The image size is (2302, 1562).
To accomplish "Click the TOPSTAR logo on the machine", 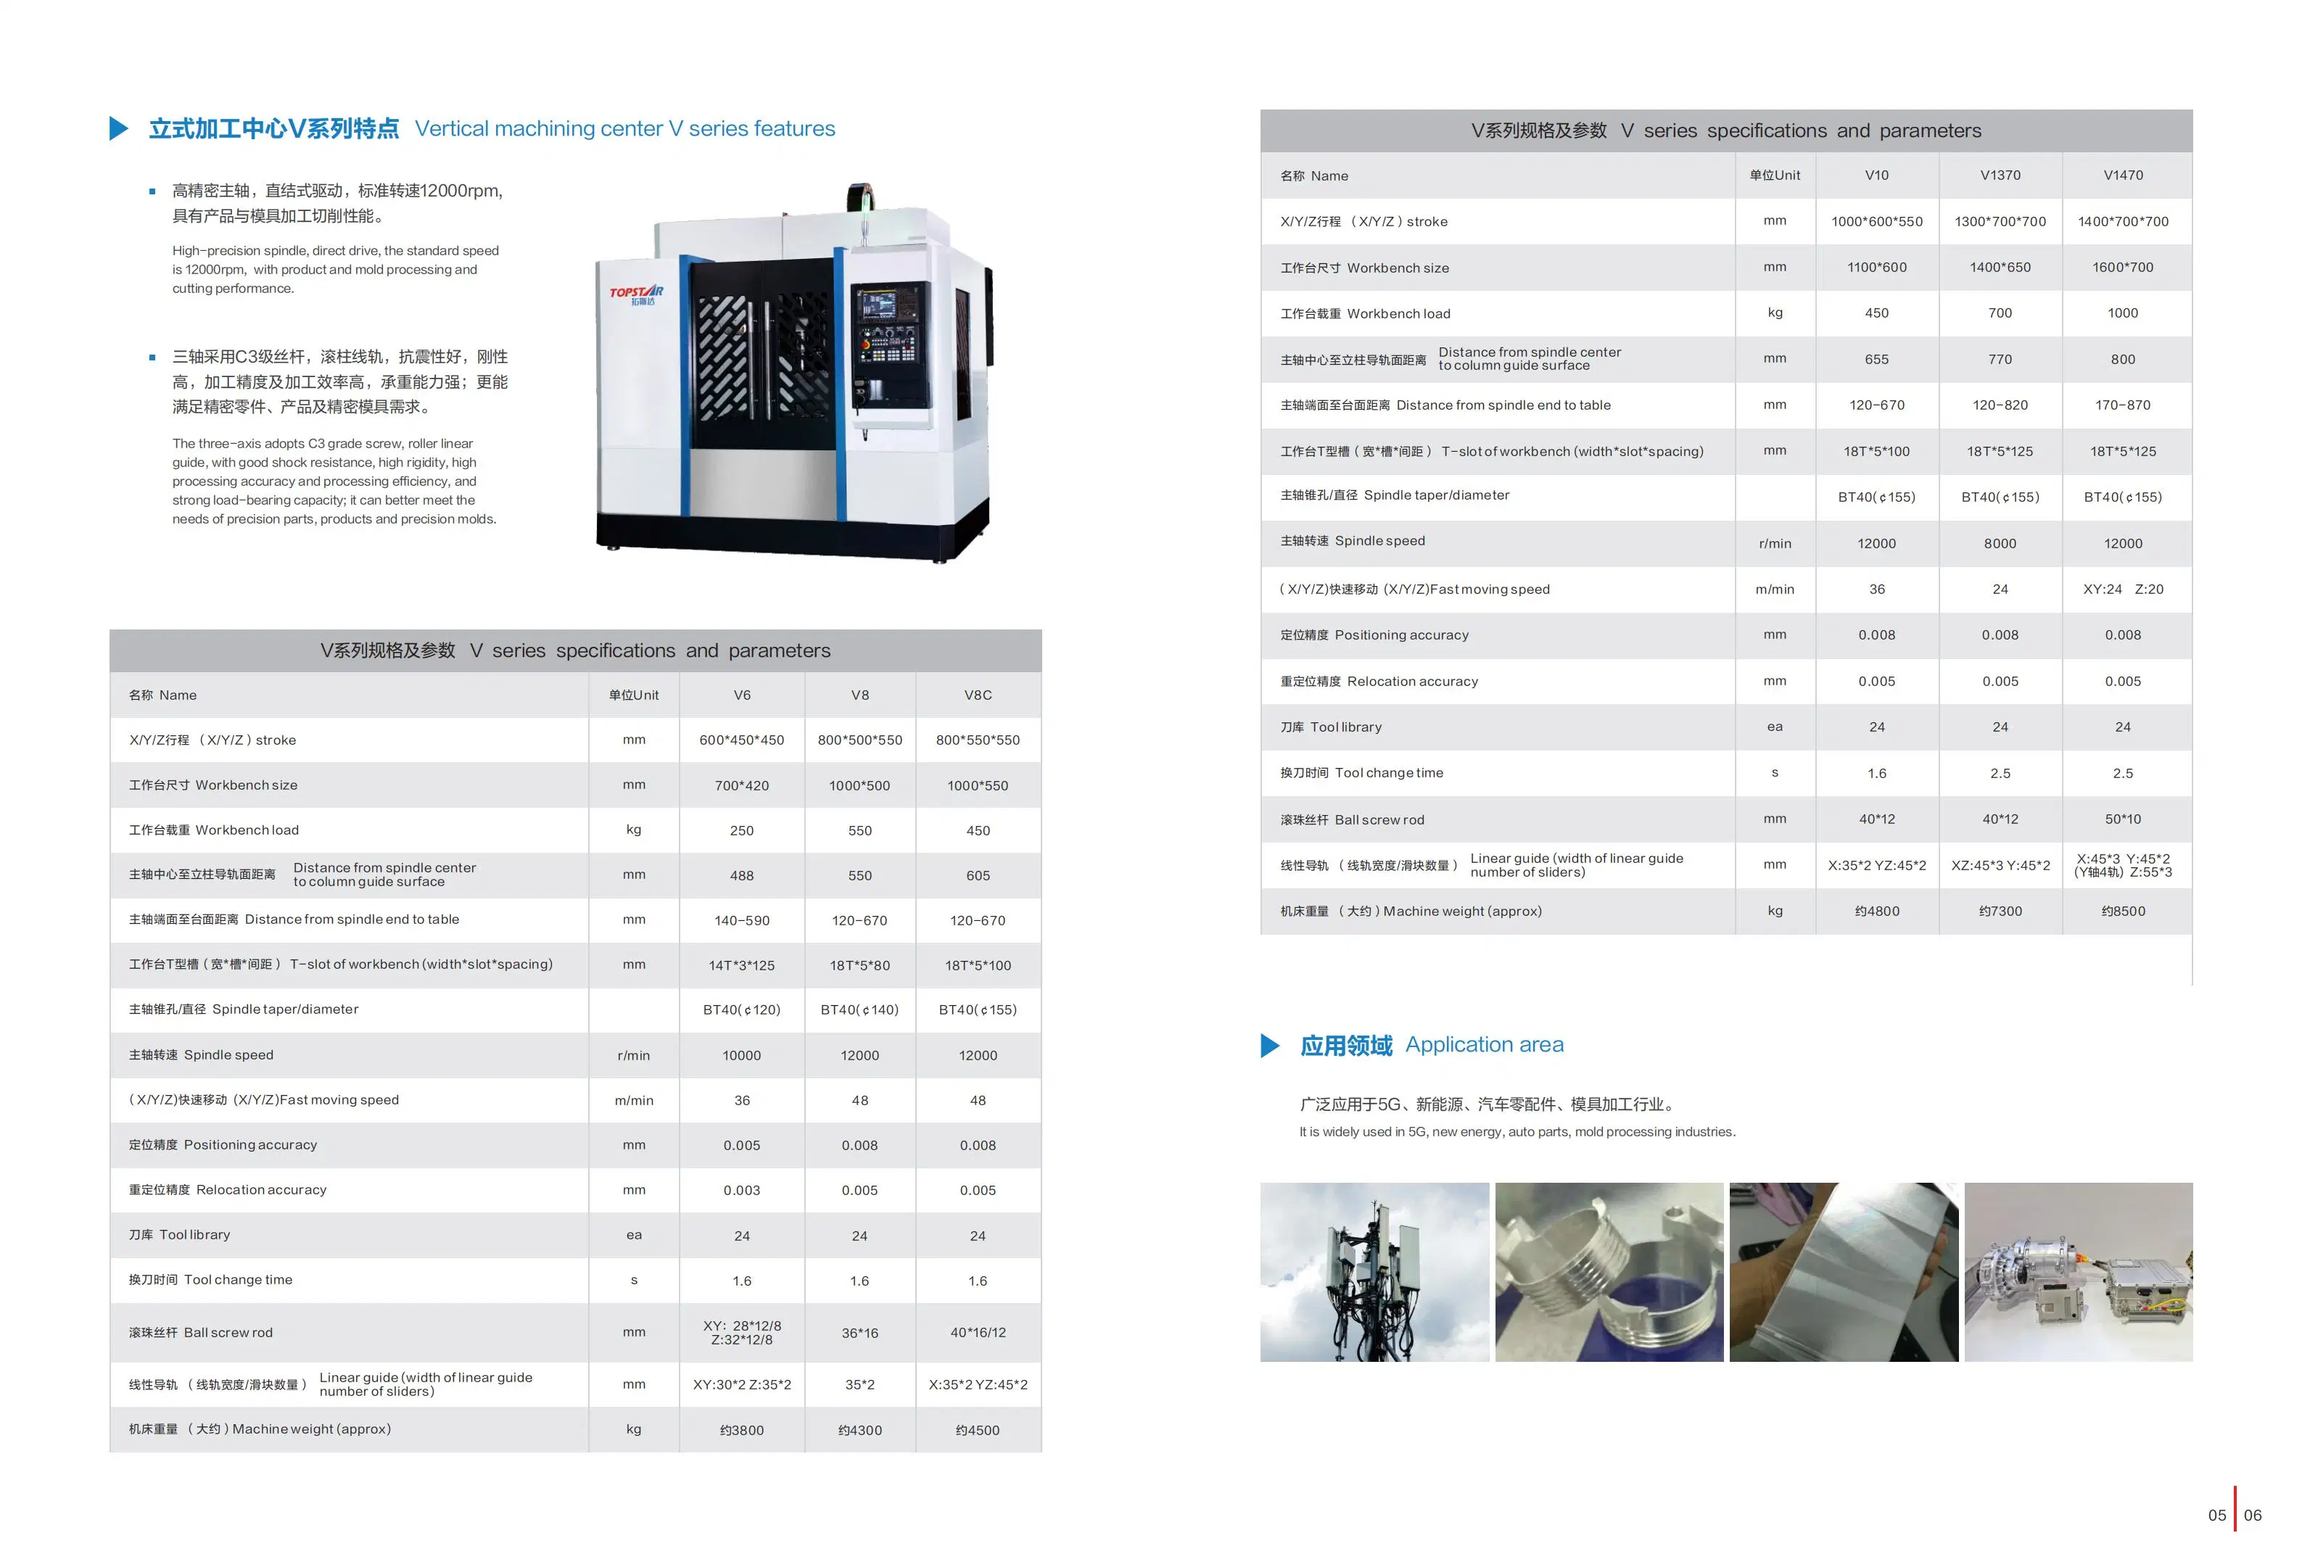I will pos(636,294).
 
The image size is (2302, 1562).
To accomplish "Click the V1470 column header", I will pos(2123,175).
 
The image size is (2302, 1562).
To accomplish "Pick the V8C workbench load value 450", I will pos(978,831).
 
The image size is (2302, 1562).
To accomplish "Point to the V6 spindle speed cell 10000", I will pos(742,1056).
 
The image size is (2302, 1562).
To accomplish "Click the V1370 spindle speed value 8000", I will pos(2000,544).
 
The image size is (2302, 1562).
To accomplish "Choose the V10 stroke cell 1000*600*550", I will pos(1876,222).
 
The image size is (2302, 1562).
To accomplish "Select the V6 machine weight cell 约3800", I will pos(742,1430).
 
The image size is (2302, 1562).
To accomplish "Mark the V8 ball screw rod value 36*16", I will pos(859,1333).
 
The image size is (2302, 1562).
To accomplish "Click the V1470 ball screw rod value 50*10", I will pos(2123,819).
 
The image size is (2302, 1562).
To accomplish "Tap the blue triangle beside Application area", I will pos(1270,1046).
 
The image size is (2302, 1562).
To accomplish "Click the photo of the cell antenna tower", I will pos(1374,1272).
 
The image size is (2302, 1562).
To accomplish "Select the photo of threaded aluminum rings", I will pos(1609,1272).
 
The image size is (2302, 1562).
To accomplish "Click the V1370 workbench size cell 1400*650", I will pos(2000,268).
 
